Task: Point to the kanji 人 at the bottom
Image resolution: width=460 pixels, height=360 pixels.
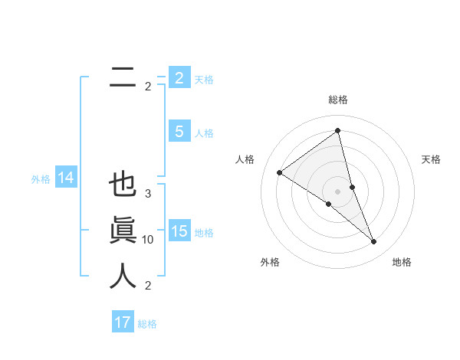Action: coord(123,276)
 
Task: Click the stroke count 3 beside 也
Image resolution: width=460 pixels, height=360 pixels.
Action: coord(148,194)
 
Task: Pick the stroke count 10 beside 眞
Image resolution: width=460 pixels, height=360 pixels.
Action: coord(148,240)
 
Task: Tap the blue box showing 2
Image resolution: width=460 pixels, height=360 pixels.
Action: coord(179,77)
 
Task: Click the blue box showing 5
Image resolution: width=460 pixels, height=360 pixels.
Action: coord(179,132)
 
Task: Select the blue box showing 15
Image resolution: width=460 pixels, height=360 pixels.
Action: coord(179,231)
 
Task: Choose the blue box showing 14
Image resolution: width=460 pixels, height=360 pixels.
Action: coord(66,178)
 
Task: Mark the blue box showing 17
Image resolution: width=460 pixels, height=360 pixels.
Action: coord(123,322)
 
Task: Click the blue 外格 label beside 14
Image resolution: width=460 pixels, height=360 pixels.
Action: coord(41,179)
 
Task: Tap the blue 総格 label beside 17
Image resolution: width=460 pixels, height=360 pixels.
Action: coord(148,324)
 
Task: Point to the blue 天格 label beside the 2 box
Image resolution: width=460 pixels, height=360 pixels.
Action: coord(204,79)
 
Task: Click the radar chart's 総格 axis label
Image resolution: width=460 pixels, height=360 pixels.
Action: coord(338,100)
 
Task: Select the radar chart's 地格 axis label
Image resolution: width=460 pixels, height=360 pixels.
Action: coord(402,262)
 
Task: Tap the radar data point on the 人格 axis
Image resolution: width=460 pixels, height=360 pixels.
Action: coord(279,172)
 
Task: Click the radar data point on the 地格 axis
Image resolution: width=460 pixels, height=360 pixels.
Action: coord(374,241)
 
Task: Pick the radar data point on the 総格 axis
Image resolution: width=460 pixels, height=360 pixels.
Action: coord(338,131)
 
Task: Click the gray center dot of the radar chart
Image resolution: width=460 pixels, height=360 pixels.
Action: coord(338,191)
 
